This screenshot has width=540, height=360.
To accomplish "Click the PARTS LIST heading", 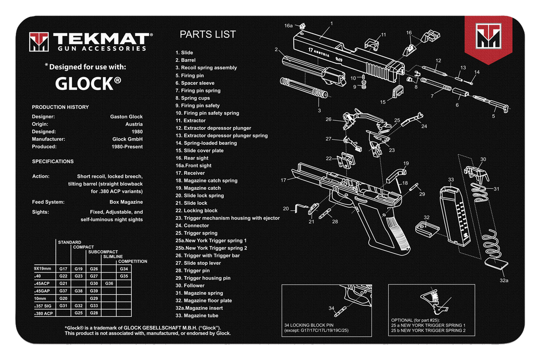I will [208, 34].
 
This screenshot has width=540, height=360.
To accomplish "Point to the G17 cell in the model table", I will [64, 269].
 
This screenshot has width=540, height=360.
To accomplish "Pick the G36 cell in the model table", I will [109, 283].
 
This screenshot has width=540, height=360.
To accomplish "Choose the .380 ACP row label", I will [44, 313].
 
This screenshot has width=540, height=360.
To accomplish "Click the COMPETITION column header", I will [133, 261].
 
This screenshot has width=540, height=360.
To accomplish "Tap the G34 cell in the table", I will [124, 269].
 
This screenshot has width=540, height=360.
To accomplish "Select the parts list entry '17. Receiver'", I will [190, 173].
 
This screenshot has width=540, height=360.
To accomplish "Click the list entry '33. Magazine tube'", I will [197, 315].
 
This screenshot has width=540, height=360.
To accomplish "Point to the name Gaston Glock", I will [127, 117].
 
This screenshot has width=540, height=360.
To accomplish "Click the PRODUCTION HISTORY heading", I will [60, 107].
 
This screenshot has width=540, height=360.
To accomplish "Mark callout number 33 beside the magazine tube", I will [451, 179].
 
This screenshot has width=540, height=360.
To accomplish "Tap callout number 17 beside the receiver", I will [283, 180].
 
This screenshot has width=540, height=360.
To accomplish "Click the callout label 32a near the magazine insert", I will [504, 281].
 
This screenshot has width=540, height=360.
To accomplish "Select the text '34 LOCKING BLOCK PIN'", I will [310, 325].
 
